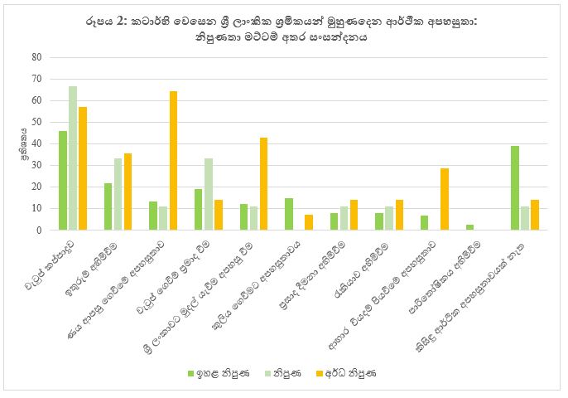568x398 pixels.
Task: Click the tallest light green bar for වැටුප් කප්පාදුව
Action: [73, 158]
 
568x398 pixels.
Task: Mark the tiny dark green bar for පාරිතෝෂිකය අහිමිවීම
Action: [469, 227]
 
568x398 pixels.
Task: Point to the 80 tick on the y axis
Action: [36, 57]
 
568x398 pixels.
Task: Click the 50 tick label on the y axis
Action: [36, 122]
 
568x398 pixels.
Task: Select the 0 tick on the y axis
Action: [38, 230]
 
